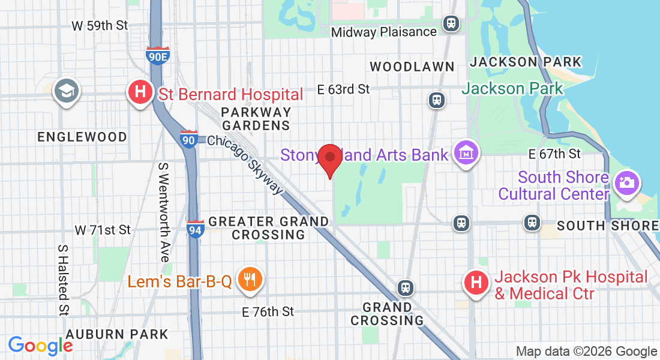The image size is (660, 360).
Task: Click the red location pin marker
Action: (x=329, y=158)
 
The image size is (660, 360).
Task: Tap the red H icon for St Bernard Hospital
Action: (x=140, y=93)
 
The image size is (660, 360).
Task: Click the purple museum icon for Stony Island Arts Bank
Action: (x=466, y=154)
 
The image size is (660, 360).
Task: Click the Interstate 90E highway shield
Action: (x=158, y=56)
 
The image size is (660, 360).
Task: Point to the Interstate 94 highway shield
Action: (x=194, y=229)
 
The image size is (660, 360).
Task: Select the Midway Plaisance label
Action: (x=384, y=32)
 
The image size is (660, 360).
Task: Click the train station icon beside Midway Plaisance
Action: (x=451, y=24)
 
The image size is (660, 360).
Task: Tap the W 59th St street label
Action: (x=100, y=26)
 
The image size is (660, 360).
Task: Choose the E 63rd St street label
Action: (x=343, y=89)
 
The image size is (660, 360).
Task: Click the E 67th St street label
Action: (x=554, y=154)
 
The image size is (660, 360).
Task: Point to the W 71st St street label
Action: (x=103, y=230)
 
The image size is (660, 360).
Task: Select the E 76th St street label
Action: (x=268, y=311)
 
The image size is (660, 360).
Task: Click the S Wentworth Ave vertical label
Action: (x=163, y=211)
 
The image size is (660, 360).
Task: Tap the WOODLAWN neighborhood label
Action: (x=412, y=66)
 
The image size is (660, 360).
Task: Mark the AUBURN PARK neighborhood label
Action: (x=117, y=334)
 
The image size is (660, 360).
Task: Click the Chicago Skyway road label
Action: (x=245, y=164)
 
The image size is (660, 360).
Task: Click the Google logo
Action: (x=40, y=346)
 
